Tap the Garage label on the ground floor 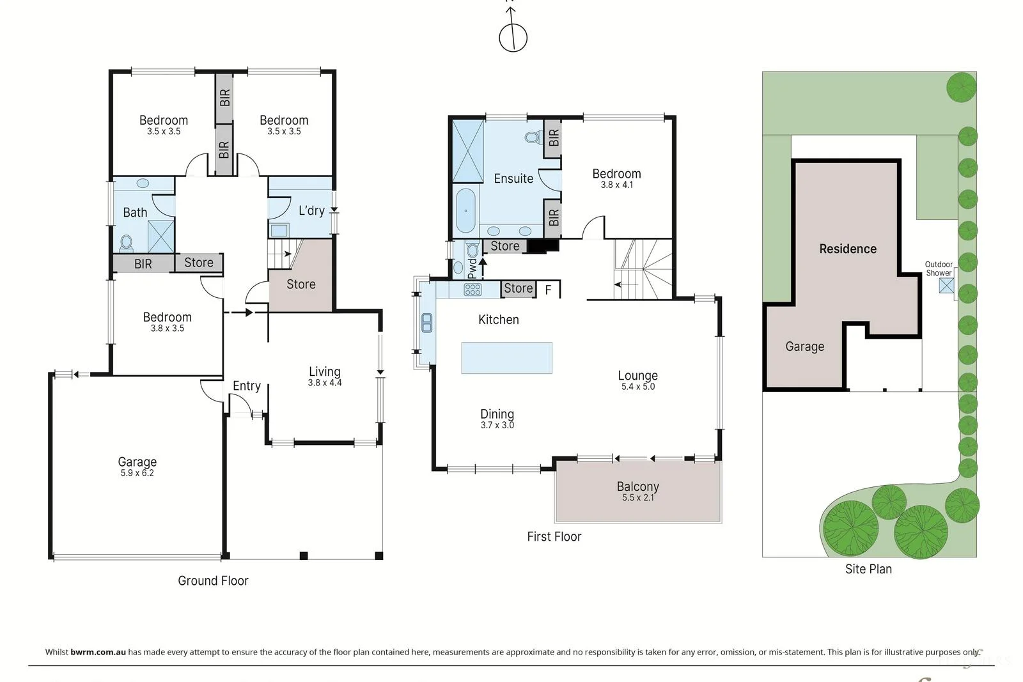[137, 462]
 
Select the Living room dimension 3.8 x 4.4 [325, 383]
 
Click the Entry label [247, 386]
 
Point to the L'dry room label [311, 210]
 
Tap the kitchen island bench [506, 358]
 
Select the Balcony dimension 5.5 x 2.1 [638, 497]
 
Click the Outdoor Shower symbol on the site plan [946, 286]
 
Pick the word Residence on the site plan [848, 249]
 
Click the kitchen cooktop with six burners [472, 290]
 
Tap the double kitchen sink [427, 323]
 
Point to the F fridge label [549, 290]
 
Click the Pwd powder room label [472, 269]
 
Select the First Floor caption [554, 536]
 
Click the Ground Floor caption [213, 580]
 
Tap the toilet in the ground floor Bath [127, 244]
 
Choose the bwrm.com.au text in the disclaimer [98, 652]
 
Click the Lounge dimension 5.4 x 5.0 [638, 387]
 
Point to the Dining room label [497, 414]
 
